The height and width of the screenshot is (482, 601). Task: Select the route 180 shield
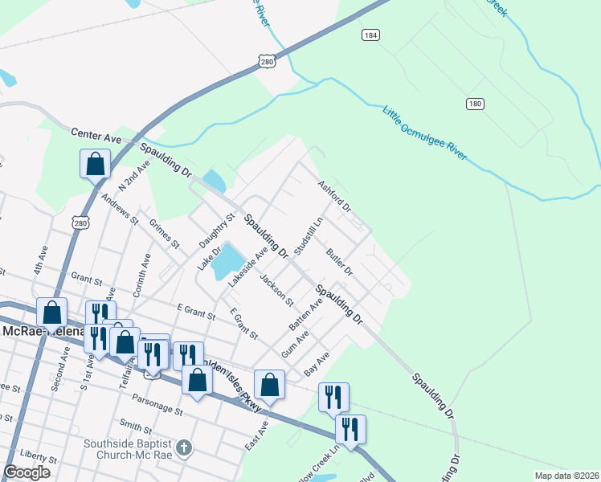(x=475, y=104)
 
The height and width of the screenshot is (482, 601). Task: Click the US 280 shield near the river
(x=268, y=61)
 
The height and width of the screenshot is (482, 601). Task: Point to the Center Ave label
(x=96, y=137)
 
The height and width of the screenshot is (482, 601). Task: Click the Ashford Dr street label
(x=335, y=195)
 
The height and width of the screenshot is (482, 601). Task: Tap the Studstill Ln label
(x=309, y=235)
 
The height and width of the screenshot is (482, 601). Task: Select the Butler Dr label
(x=340, y=262)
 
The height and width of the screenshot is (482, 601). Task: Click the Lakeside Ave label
(x=247, y=268)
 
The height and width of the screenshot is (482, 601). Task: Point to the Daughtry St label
(x=217, y=229)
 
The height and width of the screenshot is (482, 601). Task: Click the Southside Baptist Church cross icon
(x=183, y=447)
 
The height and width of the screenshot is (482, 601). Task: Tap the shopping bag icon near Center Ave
(x=95, y=163)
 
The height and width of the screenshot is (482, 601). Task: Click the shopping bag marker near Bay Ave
(x=270, y=385)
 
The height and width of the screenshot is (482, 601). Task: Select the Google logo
(x=27, y=472)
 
